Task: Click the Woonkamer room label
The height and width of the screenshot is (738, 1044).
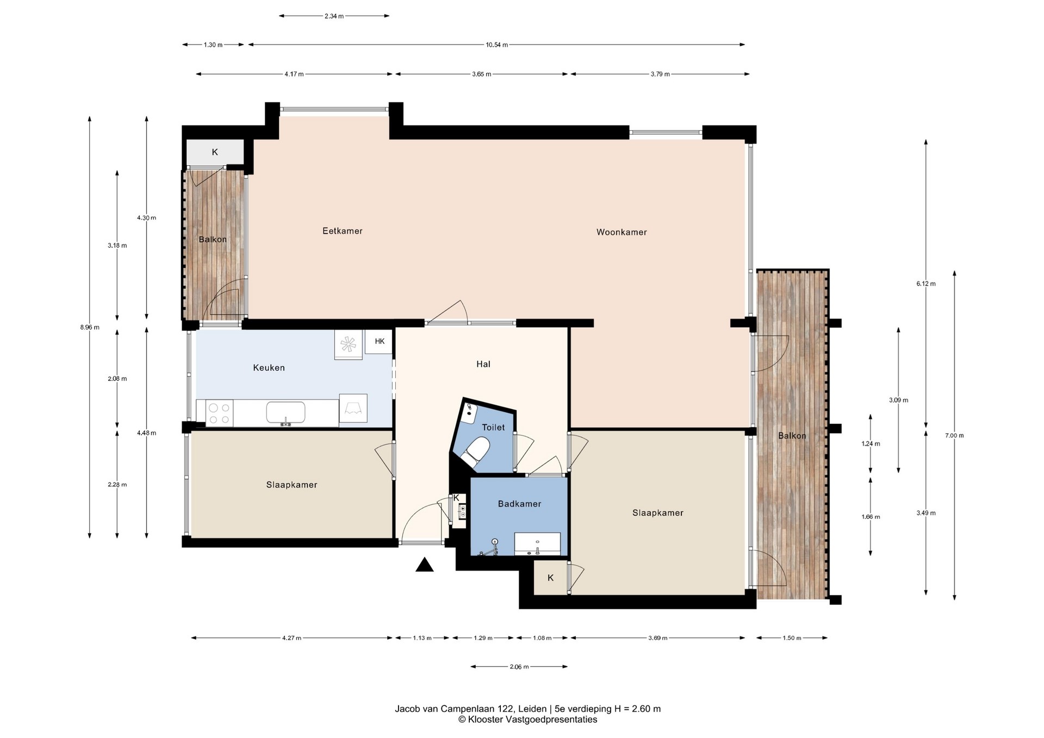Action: pyautogui.click(x=622, y=232)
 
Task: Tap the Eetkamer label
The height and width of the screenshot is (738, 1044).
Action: pyautogui.click(x=343, y=231)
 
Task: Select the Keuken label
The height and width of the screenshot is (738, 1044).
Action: pyautogui.click(x=269, y=368)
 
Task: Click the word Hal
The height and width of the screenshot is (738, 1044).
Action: pyautogui.click(x=483, y=364)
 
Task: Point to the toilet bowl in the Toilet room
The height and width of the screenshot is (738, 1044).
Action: pyautogui.click(x=475, y=452)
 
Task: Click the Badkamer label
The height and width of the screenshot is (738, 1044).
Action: pyautogui.click(x=520, y=504)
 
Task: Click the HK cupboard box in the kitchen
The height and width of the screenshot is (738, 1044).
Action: pyautogui.click(x=380, y=342)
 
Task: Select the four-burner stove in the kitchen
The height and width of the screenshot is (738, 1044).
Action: pyautogui.click(x=220, y=412)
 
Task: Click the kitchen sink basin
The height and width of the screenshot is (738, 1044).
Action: pyautogui.click(x=285, y=412)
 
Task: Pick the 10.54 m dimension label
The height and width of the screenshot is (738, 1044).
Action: pyautogui.click(x=497, y=45)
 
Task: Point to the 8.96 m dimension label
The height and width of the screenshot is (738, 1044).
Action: pyautogui.click(x=90, y=327)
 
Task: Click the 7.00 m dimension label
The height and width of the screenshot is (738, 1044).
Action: pyautogui.click(x=954, y=435)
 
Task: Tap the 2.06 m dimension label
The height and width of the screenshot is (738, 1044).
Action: pyautogui.click(x=519, y=667)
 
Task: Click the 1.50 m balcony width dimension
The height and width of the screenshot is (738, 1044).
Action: pyautogui.click(x=792, y=638)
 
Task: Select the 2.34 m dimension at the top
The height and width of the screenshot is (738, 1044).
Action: pyautogui.click(x=334, y=16)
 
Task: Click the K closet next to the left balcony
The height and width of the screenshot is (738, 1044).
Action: pyautogui.click(x=215, y=152)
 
